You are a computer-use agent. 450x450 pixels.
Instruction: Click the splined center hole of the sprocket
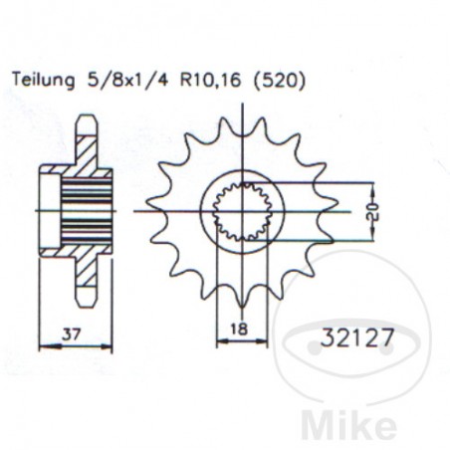(242, 211)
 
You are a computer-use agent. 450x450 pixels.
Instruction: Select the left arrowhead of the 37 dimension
(43, 345)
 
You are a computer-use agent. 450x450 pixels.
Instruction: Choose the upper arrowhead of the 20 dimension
(372, 186)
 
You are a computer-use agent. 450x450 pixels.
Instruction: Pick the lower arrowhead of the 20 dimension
(372, 237)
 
